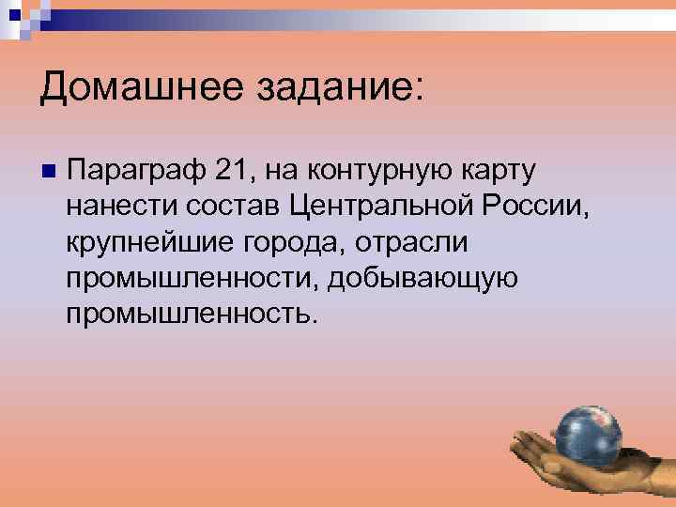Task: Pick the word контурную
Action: point(390,171)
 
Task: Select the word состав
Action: point(228,206)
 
